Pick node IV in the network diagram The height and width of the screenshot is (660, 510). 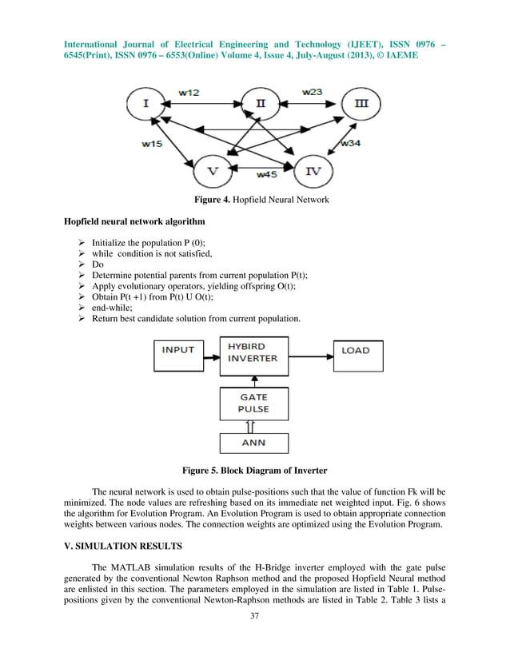pyautogui.click(x=313, y=171)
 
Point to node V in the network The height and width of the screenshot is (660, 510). pyautogui.click(x=212, y=171)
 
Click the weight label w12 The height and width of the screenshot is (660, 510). pyautogui.click(x=189, y=93)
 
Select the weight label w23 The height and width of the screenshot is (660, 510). pyautogui.click(x=313, y=92)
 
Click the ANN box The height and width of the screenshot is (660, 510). pyautogui.click(x=253, y=442)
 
